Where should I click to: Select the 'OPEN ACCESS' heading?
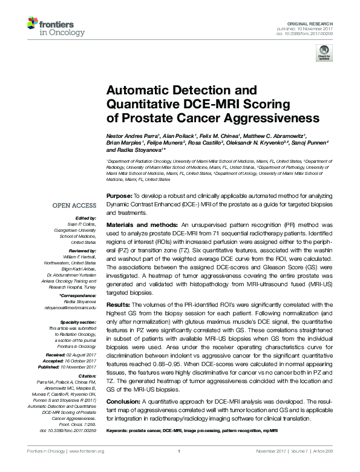[74, 206]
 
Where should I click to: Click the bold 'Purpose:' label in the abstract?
[119, 197]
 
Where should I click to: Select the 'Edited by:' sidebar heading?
[85, 218]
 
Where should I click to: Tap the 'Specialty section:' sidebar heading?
[77, 323]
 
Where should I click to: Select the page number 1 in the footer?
[180, 452]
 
